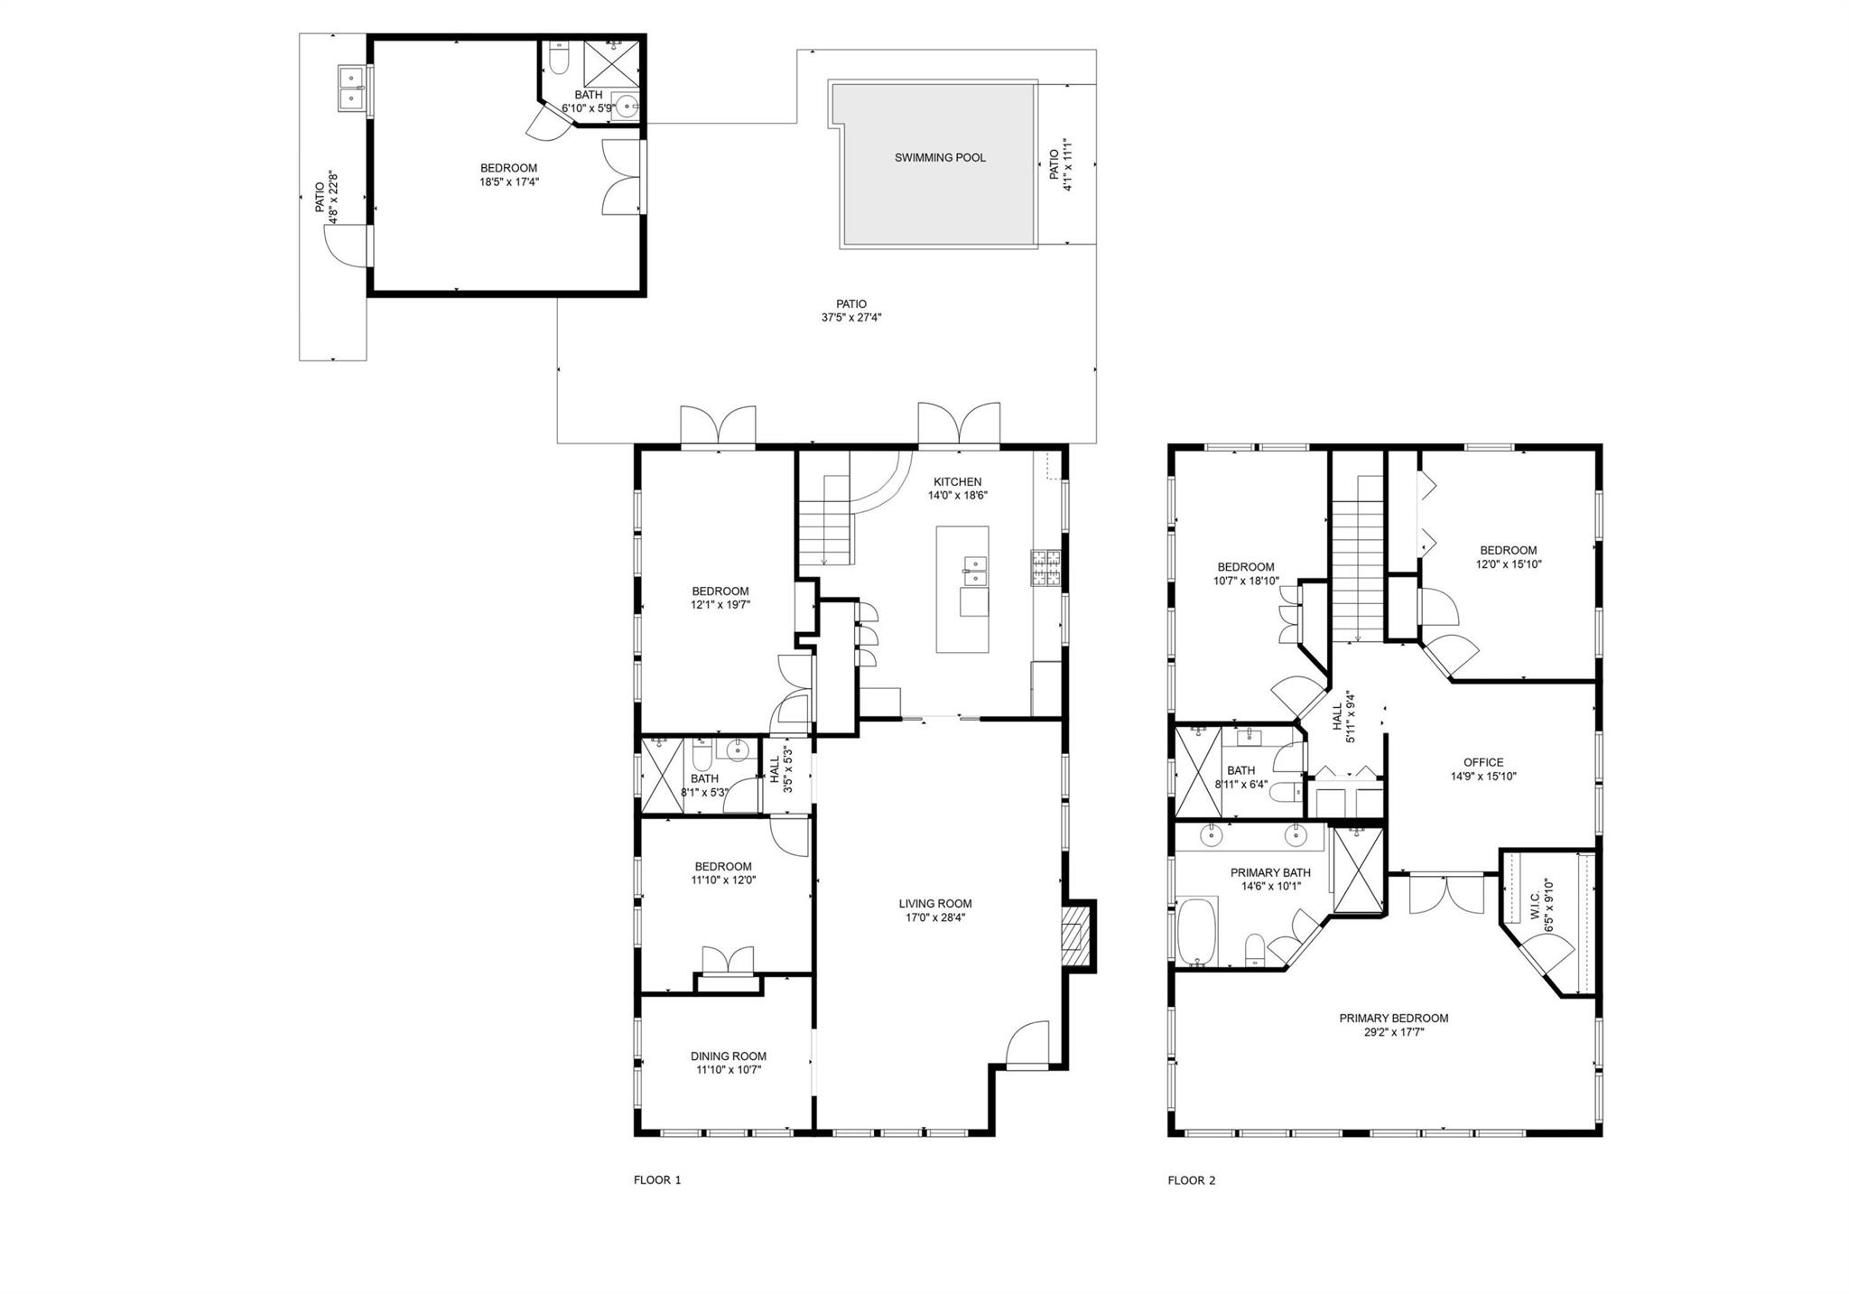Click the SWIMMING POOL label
pos(940,158)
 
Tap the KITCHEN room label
pos(957,482)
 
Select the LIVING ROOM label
pos(935,904)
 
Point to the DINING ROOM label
pos(729,1057)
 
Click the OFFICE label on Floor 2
pos(1483,762)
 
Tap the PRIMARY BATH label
pos(1270,873)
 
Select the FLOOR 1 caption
pos(657,1180)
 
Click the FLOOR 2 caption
pos(1192,1180)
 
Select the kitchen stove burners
pos(1045,568)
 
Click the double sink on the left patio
pos(351,88)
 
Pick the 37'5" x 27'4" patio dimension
pos(845,318)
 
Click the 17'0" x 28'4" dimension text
pos(935,917)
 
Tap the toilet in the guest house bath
pos(558,57)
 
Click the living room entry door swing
pos(1028,1044)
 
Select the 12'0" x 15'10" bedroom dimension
pos(1508,564)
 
